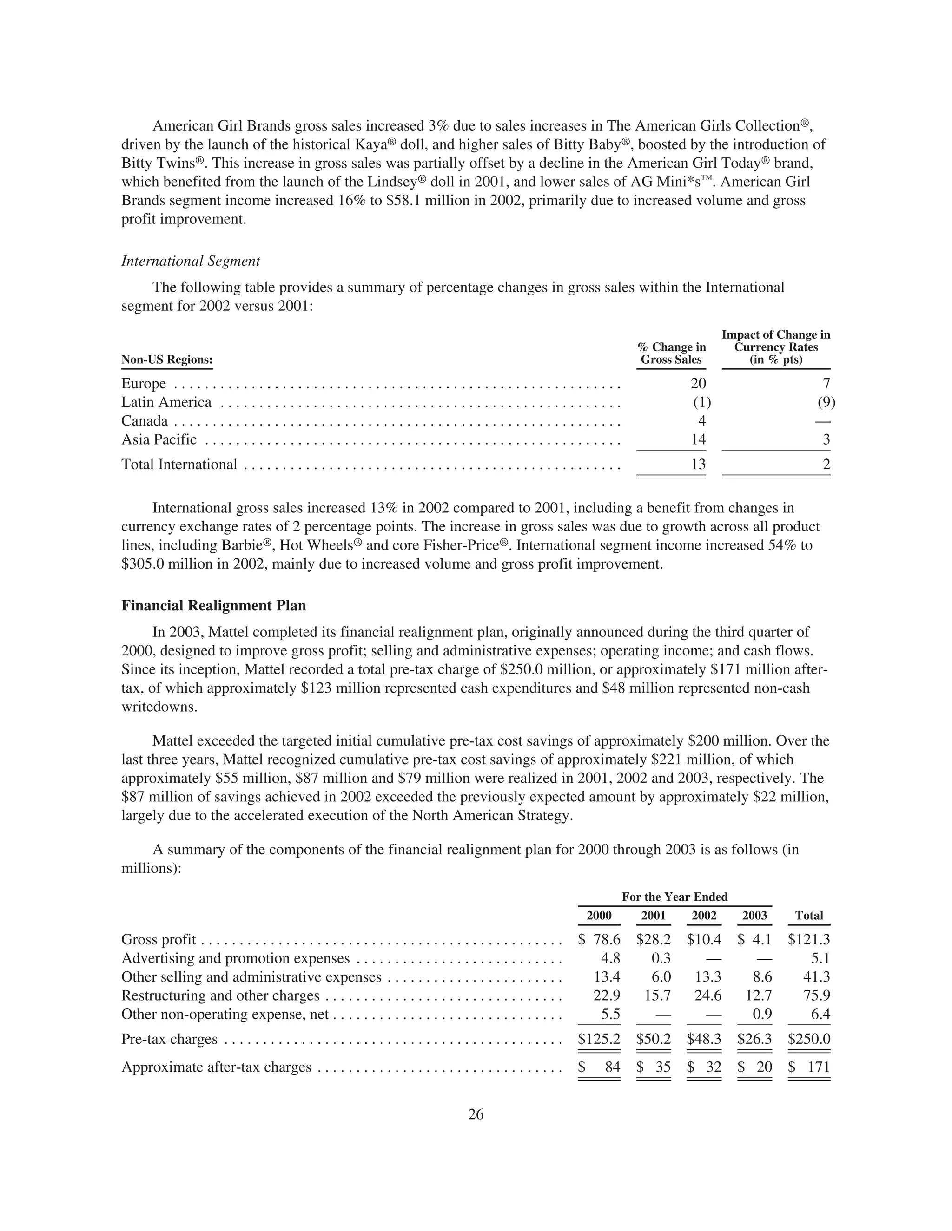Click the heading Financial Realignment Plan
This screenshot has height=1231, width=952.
[214, 606]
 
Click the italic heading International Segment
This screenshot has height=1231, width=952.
[191, 261]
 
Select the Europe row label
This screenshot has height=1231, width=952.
[144, 384]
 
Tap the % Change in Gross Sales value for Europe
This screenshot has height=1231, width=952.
[698, 384]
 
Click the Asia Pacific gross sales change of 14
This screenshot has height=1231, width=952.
[698, 439]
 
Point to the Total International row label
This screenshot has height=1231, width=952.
[179, 465]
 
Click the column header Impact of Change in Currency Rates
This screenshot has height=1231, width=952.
[775, 347]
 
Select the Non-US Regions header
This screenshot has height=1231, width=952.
[167, 360]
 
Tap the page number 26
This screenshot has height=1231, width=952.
[476, 1114]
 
